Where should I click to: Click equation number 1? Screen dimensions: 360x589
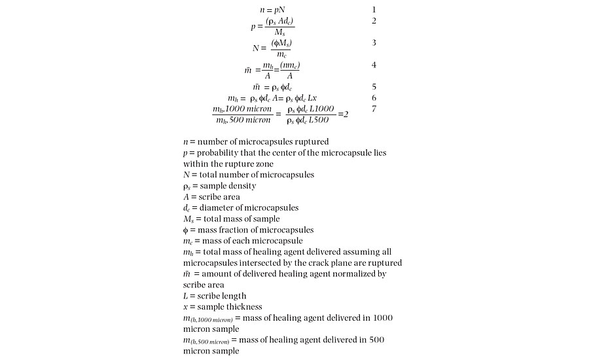(374, 10)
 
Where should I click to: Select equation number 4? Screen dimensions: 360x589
(374, 65)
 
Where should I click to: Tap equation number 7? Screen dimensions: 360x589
(374, 109)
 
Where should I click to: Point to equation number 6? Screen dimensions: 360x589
(374, 98)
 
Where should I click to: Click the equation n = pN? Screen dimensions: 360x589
(272, 10)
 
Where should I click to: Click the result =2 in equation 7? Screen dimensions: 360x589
(342, 114)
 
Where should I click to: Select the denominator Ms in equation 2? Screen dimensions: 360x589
(279, 32)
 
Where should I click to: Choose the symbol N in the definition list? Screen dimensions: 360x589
(187, 175)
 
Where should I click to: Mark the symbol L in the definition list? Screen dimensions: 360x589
(186, 296)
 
